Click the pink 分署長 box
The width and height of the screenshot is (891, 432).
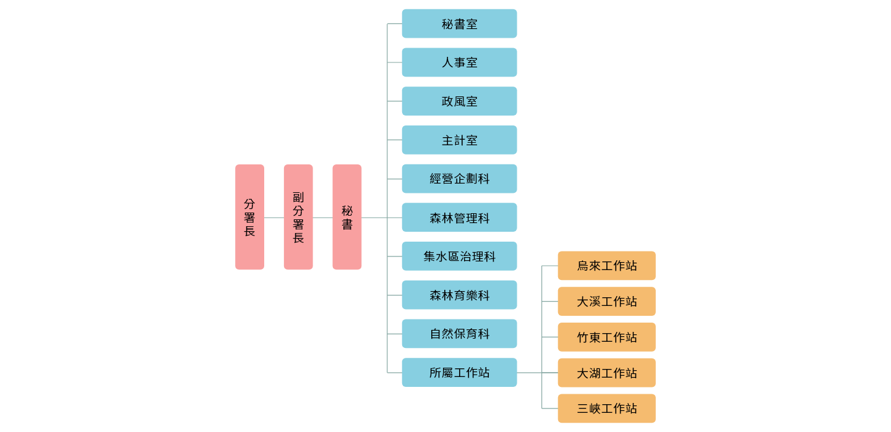249,217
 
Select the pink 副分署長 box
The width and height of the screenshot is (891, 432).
298,217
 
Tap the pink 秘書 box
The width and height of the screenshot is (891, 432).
346,217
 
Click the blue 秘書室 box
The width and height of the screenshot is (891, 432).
459,23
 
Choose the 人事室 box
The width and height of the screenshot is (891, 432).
459,62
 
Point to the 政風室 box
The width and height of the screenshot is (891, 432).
459,101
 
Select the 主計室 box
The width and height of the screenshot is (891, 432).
459,140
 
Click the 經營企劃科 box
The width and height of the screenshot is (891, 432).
459,179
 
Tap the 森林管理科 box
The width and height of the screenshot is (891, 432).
459,218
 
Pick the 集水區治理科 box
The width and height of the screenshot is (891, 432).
459,256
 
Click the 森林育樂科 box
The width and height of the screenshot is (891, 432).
459,295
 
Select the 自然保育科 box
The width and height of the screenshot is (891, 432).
459,334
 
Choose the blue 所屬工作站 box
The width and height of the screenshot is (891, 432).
459,372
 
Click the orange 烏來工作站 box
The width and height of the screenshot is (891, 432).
606,266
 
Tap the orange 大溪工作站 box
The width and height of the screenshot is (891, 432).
606,302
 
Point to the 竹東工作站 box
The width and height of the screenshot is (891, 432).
606,337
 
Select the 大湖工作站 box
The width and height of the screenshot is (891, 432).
606,373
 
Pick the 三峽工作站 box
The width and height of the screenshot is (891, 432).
606,409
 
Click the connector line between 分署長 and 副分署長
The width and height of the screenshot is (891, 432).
273,218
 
